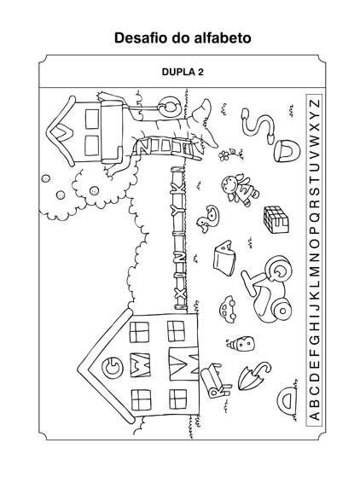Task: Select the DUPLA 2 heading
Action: click(183, 72)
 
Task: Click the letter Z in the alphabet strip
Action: click(314, 103)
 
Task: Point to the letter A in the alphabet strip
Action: click(314, 416)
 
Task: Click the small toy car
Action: click(227, 309)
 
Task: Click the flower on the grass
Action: click(224, 155)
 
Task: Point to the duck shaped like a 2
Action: click(209, 218)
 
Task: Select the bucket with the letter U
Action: click(287, 152)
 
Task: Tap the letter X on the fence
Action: click(180, 293)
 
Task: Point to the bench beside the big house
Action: click(212, 380)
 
